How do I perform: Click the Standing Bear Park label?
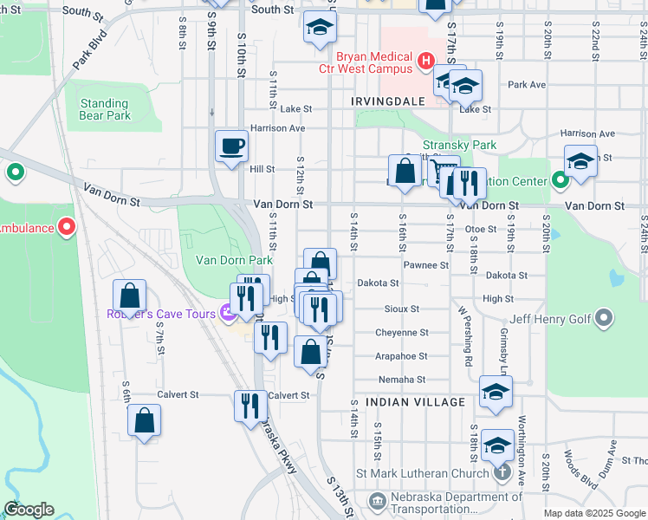click(105, 109)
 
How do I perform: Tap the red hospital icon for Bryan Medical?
click(425, 60)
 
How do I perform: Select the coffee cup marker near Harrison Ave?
click(231, 146)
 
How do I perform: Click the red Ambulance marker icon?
click(68, 228)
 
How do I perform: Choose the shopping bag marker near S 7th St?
click(129, 296)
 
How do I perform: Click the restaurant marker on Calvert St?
click(249, 406)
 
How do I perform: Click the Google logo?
click(29, 510)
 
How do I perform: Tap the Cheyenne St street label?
click(401, 333)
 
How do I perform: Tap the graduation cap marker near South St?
click(320, 28)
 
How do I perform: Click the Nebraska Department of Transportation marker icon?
click(377, 501)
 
